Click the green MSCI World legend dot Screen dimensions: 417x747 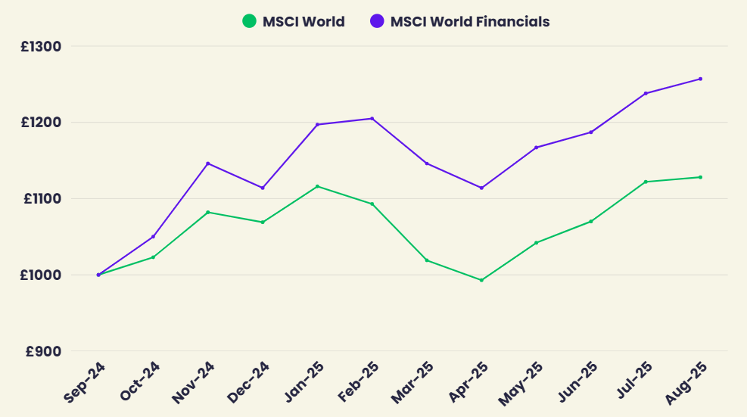[249, 21]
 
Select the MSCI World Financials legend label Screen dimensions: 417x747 [470, 21]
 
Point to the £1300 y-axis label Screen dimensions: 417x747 [42, 46]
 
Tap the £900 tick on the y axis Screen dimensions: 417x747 [45, 351]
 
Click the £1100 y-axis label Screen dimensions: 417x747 [42, 199]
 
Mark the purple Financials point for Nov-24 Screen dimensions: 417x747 [208, 163]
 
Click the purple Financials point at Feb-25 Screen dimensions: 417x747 [372, 118]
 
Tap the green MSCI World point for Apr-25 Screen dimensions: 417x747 [481, 280]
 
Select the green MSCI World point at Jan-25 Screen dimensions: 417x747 [317, 186]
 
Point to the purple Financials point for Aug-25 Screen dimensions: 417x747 [700, 79]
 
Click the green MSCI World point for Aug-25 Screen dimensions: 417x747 [700, 177]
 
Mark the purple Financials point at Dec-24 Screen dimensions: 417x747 [263, 188]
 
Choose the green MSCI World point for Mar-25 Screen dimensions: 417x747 [427, 260]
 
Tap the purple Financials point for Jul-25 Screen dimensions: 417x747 [646, 93]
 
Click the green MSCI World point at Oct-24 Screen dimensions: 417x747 [153, 257]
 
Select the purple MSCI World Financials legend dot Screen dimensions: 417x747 [377, 21]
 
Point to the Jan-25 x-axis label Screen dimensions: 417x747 [303, 383]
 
